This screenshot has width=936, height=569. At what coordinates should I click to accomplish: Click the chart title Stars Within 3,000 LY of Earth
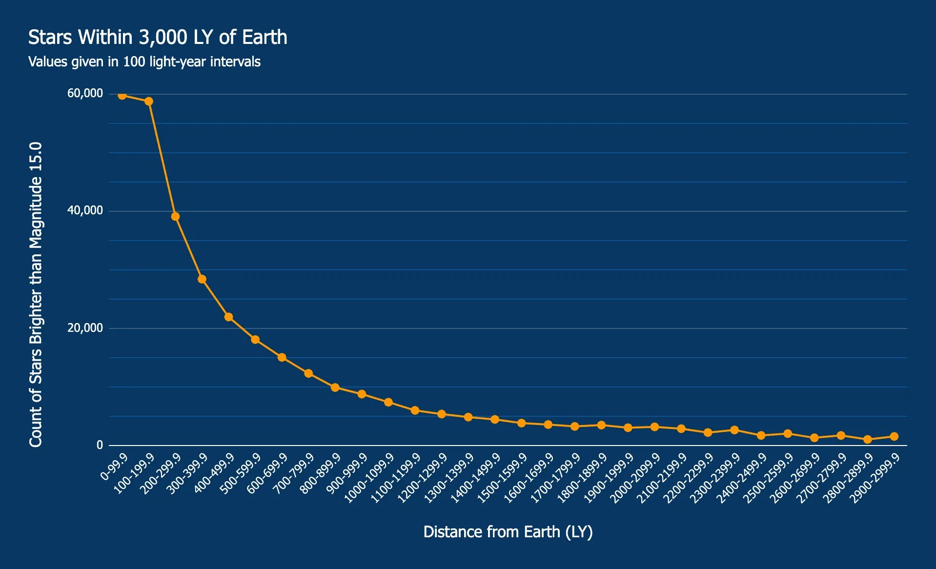[157, 38]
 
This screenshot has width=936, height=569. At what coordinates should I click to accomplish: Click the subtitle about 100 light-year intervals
[144, 62]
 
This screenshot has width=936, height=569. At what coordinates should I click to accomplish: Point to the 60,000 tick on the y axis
[85, 93]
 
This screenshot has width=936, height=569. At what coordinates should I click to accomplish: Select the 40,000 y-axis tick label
[85, 210]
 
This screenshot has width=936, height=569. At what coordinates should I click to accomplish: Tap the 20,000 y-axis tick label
[85, 328]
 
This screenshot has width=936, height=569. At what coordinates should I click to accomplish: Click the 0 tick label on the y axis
[100, 445]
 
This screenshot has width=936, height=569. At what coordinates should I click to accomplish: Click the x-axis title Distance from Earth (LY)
[508, 532]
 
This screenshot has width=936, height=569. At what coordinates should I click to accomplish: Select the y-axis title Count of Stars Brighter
[36, 294]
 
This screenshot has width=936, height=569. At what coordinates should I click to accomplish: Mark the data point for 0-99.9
[122, 95]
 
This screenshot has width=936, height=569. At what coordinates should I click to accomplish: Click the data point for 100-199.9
[149, 102]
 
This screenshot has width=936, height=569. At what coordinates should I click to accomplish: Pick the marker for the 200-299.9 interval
[175, 217]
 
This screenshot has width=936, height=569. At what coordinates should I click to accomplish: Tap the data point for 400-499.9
[228, 317]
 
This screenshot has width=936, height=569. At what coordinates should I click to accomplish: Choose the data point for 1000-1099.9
[388, 402]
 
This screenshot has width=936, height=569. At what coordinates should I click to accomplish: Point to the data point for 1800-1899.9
[601, 425]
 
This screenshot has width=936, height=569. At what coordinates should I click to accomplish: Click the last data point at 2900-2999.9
[894, 437]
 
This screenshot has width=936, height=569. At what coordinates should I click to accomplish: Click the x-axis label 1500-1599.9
[502, 477]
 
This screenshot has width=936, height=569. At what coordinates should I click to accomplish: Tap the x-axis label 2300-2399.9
[715, 477]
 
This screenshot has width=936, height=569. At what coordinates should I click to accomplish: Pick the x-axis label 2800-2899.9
[848, 477]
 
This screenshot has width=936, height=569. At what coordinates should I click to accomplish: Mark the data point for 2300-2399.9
[734, 430]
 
